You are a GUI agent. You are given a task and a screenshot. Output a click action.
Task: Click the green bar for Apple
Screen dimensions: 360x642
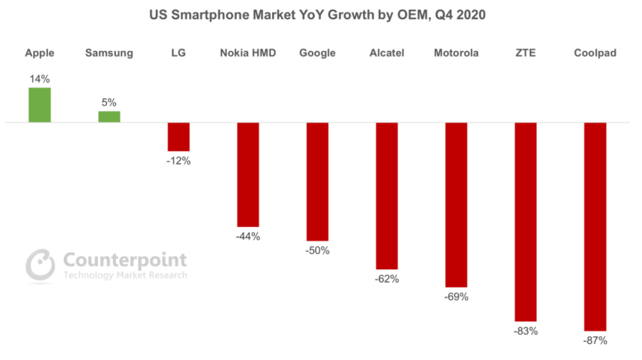(x=40, y=105)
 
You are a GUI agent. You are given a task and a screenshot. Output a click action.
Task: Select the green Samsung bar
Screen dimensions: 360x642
(x=109, y=117)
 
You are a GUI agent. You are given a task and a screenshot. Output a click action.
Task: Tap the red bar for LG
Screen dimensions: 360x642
(x=178, y=137)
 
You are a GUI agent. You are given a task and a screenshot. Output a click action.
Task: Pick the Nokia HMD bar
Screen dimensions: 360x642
(x=248, y=175)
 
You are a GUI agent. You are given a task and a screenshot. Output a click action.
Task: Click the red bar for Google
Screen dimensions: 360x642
(x=317, y=182)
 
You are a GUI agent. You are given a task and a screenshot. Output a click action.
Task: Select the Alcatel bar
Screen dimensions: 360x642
(x=387, y=196)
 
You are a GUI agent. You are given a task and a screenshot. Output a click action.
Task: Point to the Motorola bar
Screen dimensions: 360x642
(x=456, y=205)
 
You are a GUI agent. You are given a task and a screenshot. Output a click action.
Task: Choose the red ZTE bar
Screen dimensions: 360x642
(x=526, y=222)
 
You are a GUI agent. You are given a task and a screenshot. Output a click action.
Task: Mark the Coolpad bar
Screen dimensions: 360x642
(x=596, y=226)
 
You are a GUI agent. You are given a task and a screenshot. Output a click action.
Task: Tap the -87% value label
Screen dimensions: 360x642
(x=596, y=341)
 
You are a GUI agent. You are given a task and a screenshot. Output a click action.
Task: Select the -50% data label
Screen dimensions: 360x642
(x=317, y=251)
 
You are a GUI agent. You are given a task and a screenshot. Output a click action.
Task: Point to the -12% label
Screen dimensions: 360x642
(x=178, y=161)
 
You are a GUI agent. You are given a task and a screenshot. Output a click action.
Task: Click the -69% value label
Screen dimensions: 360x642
(x=456, y=297)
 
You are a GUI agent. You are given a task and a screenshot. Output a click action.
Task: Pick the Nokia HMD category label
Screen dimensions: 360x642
(x=248, y=53)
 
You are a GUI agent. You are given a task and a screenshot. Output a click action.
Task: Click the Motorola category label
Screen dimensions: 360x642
(x=456, y=53)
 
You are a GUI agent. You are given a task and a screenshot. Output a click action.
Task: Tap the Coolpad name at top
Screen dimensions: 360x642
(x=596, y=53)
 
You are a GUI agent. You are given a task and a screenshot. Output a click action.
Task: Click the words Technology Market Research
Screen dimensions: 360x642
(x=125, y=275)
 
